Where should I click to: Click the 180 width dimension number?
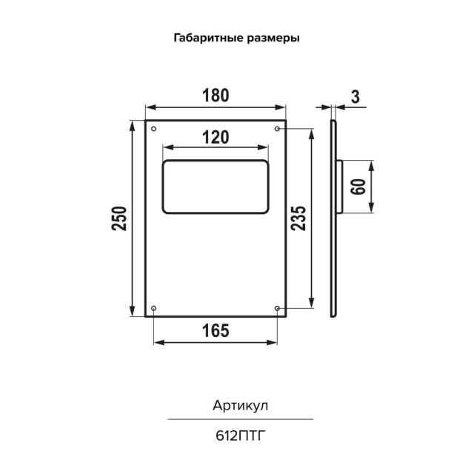tap(214, 96)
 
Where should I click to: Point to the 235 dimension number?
tap(298, 218)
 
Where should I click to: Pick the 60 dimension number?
tap(358, 187)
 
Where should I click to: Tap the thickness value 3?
tap(355, 96)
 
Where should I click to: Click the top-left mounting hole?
tap(153, 130)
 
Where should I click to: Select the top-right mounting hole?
tap(277, 130)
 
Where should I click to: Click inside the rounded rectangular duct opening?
tap(215, 187)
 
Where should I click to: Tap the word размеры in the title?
tap(274, 38)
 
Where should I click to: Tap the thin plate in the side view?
tap(333, 259)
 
